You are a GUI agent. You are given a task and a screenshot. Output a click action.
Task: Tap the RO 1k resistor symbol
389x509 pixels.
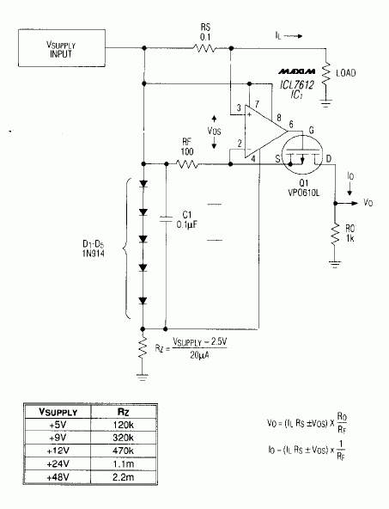332,234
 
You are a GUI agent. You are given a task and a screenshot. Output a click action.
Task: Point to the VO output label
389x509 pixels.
367,205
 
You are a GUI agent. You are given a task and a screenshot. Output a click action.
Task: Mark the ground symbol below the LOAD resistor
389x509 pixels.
326,103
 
